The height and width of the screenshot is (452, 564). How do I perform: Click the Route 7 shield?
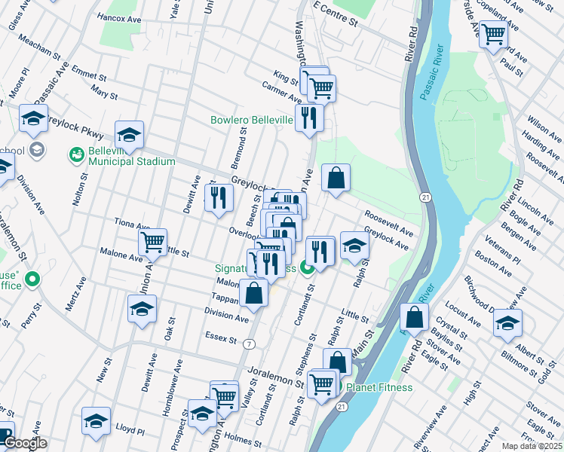(x=249, y=344)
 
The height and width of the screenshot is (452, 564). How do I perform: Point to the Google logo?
(x=25, y=444)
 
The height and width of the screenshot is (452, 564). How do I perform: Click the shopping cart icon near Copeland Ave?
(x=493, y=33)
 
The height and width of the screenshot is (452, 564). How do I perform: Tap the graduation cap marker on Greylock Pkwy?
(x=129, y=136)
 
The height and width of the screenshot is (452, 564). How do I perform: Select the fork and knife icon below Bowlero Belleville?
(x=309, y=118)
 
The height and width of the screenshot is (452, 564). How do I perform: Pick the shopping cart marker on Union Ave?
(x=152, y=242)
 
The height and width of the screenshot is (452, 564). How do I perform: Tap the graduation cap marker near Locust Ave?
(x=507, y=323)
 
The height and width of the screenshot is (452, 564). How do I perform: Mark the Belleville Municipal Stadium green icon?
(x=76, y=155)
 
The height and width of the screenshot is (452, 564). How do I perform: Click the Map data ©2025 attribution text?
(x=532, y=446)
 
